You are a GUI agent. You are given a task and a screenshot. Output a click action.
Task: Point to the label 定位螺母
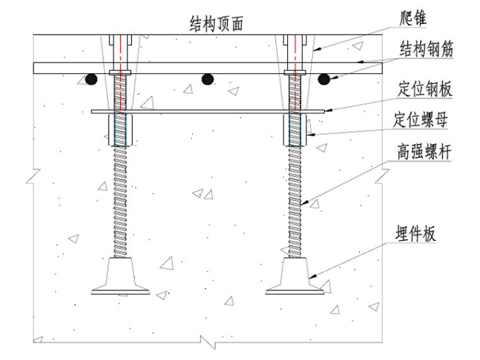tap(421, 119)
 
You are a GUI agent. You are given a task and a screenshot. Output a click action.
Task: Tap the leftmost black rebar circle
tap(92, 79)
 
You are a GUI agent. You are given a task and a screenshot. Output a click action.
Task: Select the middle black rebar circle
tap(207, 79)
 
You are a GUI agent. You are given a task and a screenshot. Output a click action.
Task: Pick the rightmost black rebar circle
tap(325, 79)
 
